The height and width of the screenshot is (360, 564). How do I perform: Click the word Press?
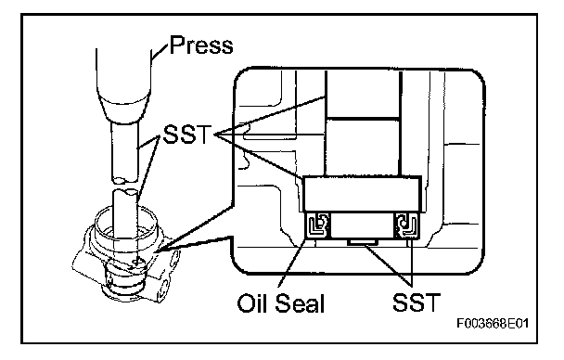pos(201,45)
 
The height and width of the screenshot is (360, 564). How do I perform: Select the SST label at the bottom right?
pos(417,302)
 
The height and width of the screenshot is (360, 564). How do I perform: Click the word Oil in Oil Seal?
pos(251,302)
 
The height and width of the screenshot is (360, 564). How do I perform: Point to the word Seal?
pos(300,302)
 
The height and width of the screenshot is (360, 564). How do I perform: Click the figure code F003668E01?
pos(493,323)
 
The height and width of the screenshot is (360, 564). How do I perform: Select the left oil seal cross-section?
pos(317,225)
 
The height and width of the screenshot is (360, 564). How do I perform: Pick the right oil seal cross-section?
pos(406,225)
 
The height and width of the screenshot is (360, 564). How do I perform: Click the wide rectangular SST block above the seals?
pos(362,194)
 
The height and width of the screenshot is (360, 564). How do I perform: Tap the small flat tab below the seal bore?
pos(362,242)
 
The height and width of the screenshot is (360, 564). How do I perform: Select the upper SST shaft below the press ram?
pos(124,151)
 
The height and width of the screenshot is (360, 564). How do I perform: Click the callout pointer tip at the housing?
pos(158,251)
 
